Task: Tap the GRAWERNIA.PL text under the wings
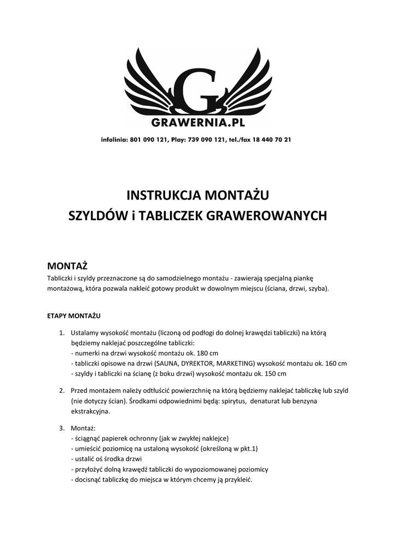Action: (x=198, y=122)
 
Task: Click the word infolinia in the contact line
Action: (x=114, y=139)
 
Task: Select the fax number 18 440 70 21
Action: (x=271, y=139)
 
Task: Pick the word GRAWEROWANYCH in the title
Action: (x=265, y=215)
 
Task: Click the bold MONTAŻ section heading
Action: (x=68, y=266)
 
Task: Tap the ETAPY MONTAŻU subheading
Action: (x=74, y=316)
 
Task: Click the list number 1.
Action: (x=62, y=332)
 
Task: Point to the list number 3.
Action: (x=62, y=428)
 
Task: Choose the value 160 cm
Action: (x=335, y=363)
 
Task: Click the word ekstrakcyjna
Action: (x=90, y=411)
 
